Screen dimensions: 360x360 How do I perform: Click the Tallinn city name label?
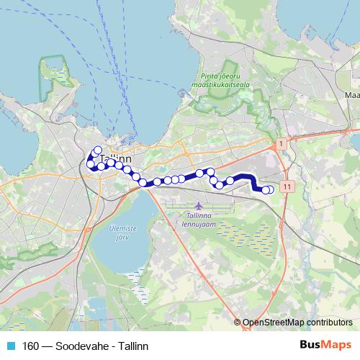coord(115,158)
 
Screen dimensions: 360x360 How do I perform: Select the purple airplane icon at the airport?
coord(179,206)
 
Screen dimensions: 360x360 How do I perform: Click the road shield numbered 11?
coord(288,186)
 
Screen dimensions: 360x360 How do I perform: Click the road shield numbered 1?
coord(281,145)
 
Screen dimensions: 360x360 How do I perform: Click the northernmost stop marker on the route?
coord(97,150)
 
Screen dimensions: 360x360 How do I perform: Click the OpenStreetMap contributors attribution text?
coord(297,322)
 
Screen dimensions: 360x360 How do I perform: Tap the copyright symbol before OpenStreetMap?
coord(238,322)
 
